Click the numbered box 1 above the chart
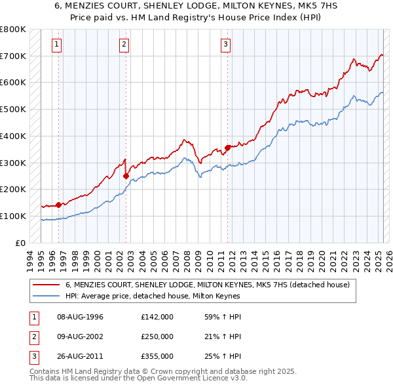click(58, 45)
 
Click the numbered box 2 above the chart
click(124, 45)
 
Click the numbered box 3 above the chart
click(225, 45)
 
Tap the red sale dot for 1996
click(58, 205)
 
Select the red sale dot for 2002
click(126, 176)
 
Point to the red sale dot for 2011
click(228, 148)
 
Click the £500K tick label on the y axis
click(13, 109)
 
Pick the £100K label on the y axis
click(13, 216)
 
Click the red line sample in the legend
click(47, 285)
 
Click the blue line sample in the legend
click(47, 296)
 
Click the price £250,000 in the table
click(157, 337)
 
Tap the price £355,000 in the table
click(157, 357)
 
